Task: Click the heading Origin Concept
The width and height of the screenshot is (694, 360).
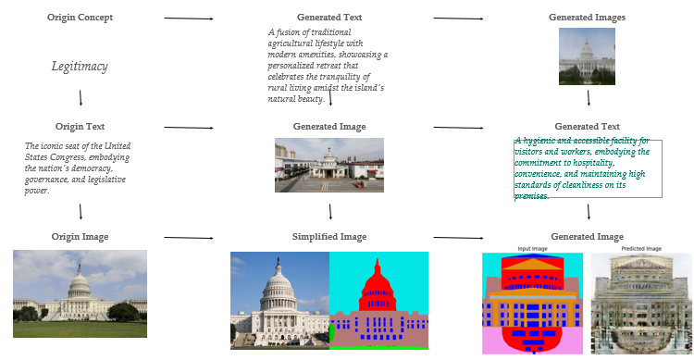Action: [x=81, y=18]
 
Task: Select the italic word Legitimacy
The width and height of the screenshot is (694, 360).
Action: [x=81, y=67]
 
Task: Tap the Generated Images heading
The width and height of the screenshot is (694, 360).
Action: [x=587, y=18]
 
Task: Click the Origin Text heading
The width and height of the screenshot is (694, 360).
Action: [x=81, y=127]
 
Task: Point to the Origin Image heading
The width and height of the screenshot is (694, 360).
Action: [x=81, y=237]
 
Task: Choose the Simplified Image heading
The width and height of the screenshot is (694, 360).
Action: [x=329, y=237]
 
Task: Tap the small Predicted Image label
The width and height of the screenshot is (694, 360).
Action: [x=640, y=249]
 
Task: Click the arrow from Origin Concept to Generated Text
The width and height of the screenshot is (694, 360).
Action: [x=189, y=19]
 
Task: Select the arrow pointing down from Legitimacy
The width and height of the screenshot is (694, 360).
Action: [x=81, y=97]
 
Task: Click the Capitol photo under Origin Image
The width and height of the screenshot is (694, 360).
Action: [x=80, y=293]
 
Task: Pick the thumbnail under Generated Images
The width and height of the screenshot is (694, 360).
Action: [x=587, y=56]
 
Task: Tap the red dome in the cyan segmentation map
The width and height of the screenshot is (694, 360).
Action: [x=378, y=277]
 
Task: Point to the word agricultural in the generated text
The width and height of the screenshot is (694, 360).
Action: [x=295, y=43]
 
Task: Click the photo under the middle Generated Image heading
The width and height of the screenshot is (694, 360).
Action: [x=328, y=165]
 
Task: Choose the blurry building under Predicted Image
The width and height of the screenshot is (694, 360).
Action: [x=640, y=304]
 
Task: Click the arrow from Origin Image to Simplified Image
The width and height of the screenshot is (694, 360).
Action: [x=189, y=238]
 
